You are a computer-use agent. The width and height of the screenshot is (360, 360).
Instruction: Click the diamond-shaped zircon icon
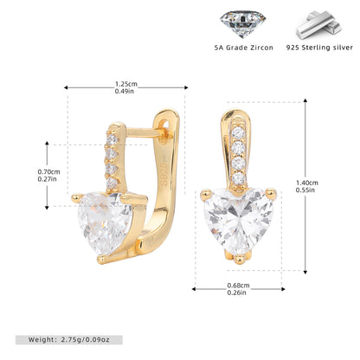tap(242, 23)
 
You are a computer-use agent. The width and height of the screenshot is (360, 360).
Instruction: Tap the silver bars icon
tap(319, 25)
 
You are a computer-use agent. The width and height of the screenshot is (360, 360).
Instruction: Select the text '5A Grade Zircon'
tap(244, 48)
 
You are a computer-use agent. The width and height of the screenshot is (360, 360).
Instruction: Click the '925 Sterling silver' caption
tap(319, 48)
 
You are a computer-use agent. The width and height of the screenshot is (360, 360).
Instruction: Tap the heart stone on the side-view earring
tap(104, 222)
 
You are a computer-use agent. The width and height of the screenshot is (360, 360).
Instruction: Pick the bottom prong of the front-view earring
tap(240, 259)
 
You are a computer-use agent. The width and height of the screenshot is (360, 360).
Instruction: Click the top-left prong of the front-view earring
tap(206, 194)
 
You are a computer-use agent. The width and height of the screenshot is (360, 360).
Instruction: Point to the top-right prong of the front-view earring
tap(271, 194)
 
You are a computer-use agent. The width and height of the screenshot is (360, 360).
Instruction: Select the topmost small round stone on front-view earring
tap(239, 133)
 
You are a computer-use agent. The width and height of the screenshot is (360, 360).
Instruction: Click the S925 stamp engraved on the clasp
tap(164, 174)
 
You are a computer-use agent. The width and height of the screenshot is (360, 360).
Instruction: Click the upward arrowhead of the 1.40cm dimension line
tap(305, 100)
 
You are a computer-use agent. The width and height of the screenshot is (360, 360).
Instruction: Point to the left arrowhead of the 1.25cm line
tap(66, 87)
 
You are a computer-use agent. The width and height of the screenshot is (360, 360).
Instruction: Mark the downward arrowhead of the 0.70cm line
tap(47, 208)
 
